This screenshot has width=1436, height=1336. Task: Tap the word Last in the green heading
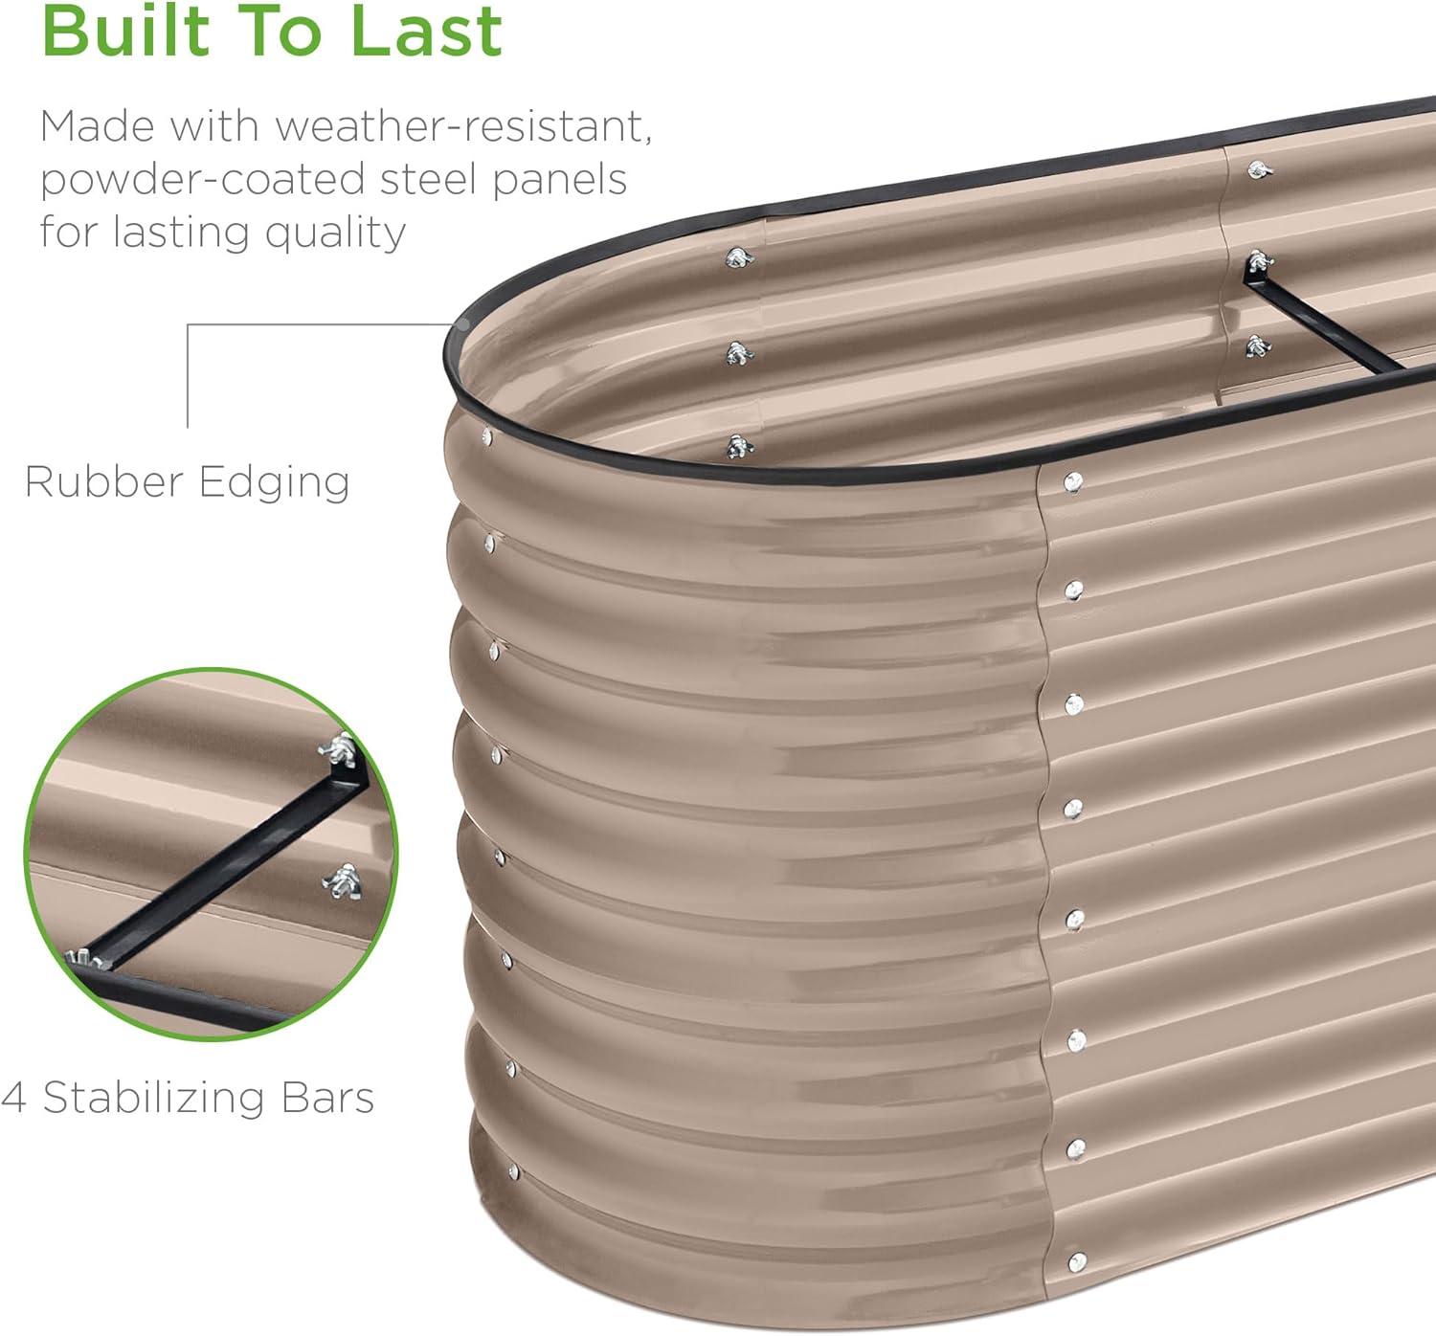[x=426, y=31]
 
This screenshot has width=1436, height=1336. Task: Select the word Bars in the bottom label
[x=326, y=1098]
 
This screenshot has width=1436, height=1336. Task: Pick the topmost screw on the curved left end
[x=487, y=437]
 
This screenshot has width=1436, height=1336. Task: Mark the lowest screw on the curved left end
[x=513, y=1171]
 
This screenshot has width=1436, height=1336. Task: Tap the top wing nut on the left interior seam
[x=738, y=257]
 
